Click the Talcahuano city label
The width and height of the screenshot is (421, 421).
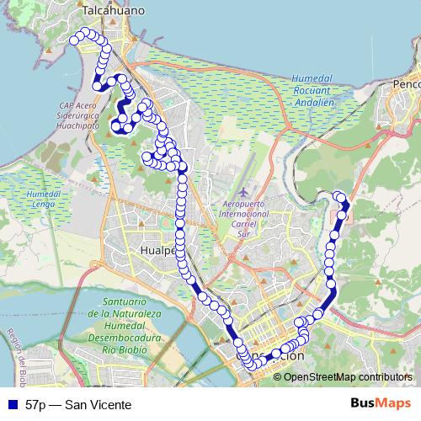click(114, 10)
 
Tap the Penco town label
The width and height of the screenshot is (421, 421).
click(406, 84)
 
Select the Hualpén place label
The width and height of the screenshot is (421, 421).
click(157, 250)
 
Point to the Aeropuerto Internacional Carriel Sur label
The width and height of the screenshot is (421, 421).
click(243, 214)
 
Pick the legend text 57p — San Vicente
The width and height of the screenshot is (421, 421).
click(78, 405)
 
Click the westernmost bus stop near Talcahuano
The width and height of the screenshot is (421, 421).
click(74, 40)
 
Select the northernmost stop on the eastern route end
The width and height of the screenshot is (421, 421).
click(338, 196)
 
